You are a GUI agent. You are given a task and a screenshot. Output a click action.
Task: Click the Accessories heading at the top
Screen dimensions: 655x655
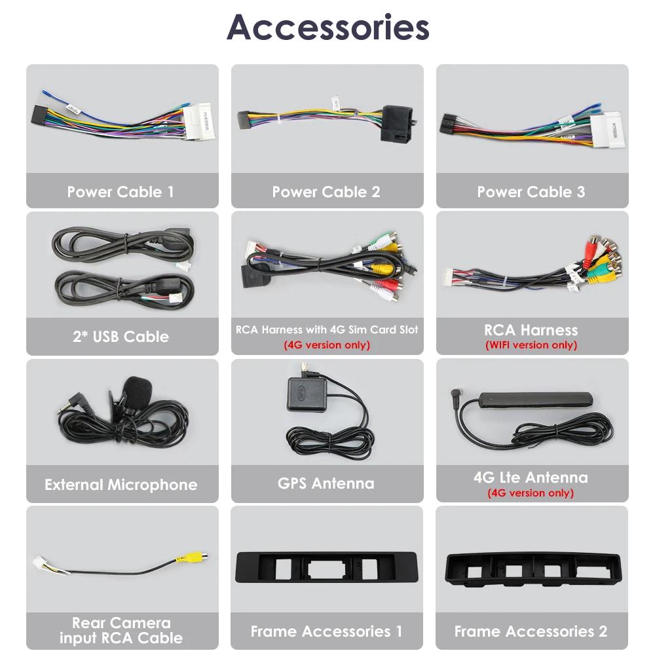[327, 28]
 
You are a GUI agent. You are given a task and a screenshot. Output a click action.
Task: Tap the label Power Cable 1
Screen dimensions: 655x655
[121, 192]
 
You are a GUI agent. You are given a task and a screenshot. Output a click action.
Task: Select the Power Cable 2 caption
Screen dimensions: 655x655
[326, 192]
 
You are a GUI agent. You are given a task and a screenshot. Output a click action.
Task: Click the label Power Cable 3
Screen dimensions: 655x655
[531, 192]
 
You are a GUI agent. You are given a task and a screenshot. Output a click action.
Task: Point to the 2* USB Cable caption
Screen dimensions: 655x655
[121, 337]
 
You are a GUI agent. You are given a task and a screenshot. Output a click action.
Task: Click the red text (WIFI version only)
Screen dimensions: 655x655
[531, 345]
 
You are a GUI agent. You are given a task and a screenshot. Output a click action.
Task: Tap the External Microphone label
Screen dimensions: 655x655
[121, 485]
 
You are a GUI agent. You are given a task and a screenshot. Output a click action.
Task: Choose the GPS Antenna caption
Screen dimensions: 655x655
[326, 483]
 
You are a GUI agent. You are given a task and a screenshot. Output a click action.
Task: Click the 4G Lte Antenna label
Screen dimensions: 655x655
[531, 477]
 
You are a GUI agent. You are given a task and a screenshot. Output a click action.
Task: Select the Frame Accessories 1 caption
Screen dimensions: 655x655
[326, 631]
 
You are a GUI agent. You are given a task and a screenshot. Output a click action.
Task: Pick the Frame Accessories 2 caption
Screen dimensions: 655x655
[531, 631]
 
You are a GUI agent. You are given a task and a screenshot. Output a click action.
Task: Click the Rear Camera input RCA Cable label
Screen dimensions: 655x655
[121, 630]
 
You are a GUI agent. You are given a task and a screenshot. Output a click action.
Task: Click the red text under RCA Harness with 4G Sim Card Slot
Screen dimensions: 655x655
[326, 345]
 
